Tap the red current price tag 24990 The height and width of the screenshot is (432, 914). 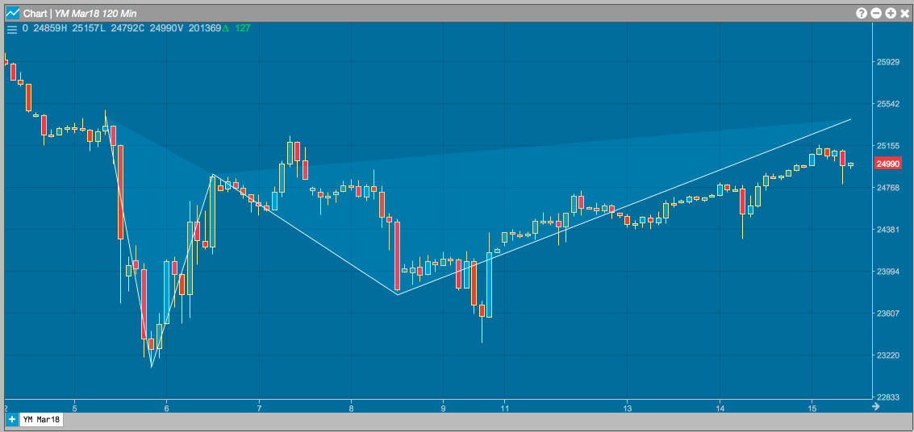[888, 164]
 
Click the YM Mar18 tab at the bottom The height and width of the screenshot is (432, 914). [41, 419]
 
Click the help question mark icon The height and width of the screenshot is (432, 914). [862, 13]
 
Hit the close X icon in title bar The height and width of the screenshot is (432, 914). [904, 13]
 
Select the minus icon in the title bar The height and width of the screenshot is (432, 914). [876, 13]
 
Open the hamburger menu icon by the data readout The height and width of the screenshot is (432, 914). [11, 28]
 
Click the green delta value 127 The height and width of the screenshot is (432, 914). [243, 27]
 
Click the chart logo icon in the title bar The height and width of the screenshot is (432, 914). [12, 13]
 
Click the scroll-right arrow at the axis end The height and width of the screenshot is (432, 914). [875, 406]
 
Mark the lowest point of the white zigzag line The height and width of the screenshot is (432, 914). [151, 368]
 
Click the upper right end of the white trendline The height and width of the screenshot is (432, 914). [851, 118]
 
